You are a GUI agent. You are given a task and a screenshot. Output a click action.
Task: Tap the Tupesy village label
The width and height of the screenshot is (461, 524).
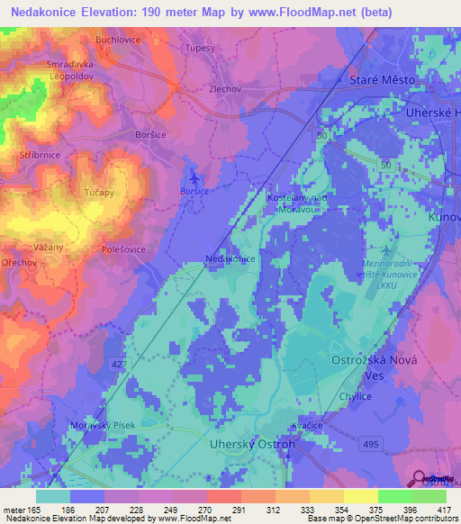[200, 48]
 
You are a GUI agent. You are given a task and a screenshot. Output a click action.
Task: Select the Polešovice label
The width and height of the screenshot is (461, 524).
[123, 248]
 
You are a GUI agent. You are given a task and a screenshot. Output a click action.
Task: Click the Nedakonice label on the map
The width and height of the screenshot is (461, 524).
[230, 258]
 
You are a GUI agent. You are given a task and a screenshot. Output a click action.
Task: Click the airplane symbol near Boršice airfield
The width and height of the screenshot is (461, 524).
[193, 176]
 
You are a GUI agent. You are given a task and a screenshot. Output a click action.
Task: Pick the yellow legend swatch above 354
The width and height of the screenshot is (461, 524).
[327, 496]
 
